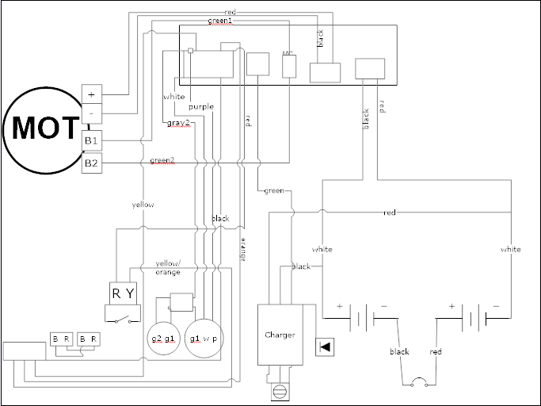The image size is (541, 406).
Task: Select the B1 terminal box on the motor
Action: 91,141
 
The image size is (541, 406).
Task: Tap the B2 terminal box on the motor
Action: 91,164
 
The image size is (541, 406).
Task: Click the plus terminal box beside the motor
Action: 92,94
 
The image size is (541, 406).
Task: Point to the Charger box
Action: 280,334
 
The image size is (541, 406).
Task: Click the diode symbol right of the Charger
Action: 324,347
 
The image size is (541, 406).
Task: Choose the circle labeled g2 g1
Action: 163,339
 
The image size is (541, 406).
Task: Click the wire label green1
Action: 219,21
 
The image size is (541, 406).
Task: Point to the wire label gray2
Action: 178,123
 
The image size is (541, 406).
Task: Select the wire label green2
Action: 162,160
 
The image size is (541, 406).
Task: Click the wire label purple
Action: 200,106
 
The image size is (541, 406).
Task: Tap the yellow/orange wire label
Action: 167,267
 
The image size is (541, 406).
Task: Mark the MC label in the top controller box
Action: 288,54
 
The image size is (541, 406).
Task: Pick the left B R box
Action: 62,339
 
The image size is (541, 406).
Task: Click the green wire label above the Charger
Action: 273,190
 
